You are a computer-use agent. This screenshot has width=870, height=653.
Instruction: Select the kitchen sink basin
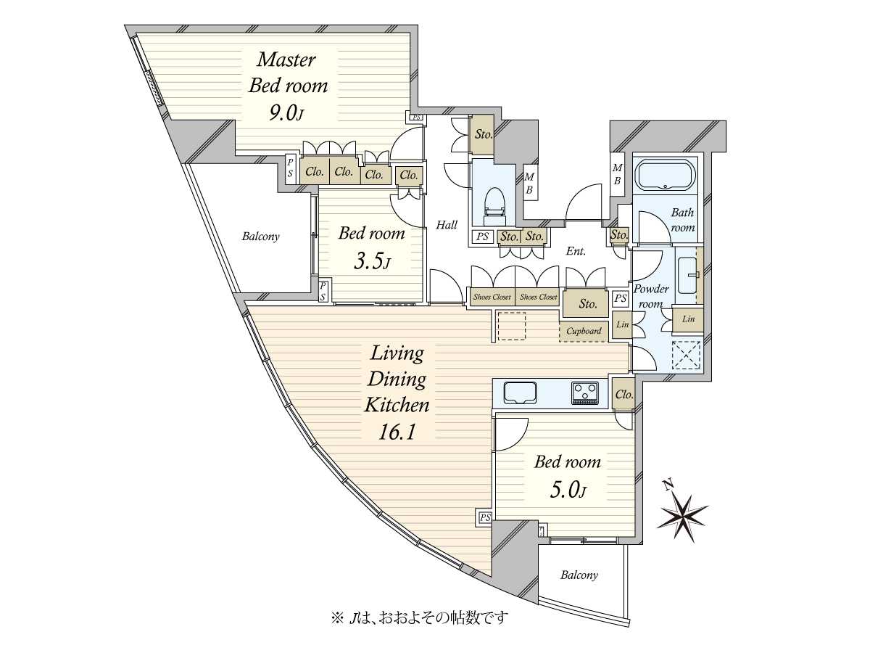[x=520, y=393]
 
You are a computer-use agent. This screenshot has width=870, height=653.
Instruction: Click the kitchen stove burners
[x=584, y=393]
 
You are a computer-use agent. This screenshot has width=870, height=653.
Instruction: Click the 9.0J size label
[x=286, y=114]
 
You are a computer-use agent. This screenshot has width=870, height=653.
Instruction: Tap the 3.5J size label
[x=371, y=262]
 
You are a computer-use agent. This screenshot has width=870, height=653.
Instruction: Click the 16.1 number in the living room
[x=397, y=432]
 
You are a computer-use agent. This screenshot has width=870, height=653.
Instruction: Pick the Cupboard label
[x=584, y=331]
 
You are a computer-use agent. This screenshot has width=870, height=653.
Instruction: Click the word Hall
[x=447, y=225]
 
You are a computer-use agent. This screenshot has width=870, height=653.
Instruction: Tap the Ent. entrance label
[x=576, y=251]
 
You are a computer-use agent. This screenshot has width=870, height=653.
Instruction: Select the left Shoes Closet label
[x=492, y=297]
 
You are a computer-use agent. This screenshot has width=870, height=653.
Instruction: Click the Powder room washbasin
[x=687, y=275]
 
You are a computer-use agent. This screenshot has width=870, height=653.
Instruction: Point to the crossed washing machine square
[x=687, y=355]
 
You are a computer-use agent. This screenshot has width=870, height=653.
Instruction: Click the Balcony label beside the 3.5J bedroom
[x=260, y=237]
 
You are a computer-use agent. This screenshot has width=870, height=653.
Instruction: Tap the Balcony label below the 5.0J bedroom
[x=579, y=575]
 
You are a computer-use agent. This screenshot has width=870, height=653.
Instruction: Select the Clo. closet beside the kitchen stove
[x=624, y=395]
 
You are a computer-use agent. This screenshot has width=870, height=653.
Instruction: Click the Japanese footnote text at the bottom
[x=419, y=617]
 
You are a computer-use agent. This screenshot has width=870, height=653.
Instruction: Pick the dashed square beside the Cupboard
[x=512, y=326]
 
